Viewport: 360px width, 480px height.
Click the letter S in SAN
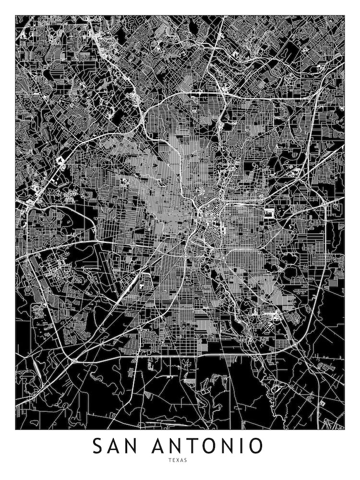(99, 446)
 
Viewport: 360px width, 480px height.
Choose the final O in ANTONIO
(254, 446)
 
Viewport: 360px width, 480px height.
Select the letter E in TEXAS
(174, 460)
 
